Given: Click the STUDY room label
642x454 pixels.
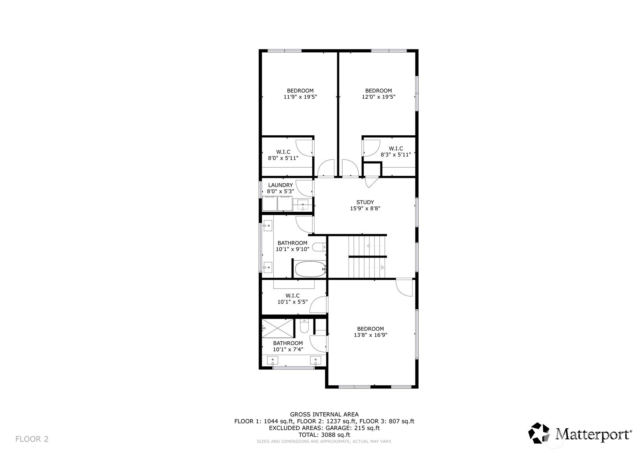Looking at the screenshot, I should [365, 202].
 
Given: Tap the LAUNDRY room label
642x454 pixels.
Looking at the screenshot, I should [280, 185].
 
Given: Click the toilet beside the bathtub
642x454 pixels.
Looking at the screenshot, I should [319, 247].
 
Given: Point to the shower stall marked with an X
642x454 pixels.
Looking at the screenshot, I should [277, 328].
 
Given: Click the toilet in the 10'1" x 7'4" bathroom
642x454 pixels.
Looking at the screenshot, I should [304, 325].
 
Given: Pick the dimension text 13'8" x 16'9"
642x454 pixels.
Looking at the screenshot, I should [370, 335].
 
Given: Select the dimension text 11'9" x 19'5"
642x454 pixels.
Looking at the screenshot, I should [300, 97].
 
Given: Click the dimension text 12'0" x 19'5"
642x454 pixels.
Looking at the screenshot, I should [378, 97].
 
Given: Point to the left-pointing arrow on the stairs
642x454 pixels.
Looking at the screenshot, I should [368, 246].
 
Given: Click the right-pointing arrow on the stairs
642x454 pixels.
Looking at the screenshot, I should [382, 268].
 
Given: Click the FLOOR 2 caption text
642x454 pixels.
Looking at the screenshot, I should [32, 439].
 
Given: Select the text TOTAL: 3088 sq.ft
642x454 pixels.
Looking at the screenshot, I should [324, 434].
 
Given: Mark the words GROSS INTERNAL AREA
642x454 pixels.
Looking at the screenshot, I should [324, 414].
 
